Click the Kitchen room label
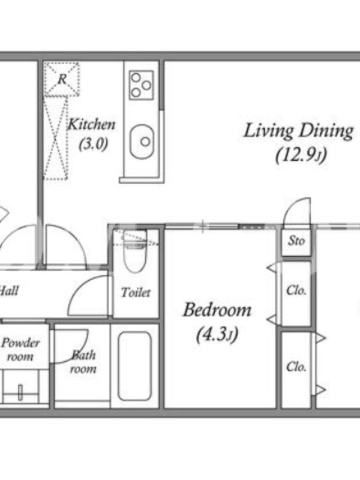(91, 124)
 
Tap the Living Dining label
(298, 131)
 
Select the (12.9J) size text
(301, 155)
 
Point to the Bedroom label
(217, 310)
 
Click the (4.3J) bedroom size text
(217, 335)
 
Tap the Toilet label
(136, 292)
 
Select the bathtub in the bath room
(134, 366)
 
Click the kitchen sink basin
(142, 142)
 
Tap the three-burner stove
(141, 85)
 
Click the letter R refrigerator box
(62, 79)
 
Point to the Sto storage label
(296, 241)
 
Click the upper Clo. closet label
(296, 290)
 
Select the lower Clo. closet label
(296, 367)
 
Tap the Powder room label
(20, 349)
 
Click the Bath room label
(83, 362)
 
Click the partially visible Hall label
(9, 290)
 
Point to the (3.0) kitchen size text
(94, 143)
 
